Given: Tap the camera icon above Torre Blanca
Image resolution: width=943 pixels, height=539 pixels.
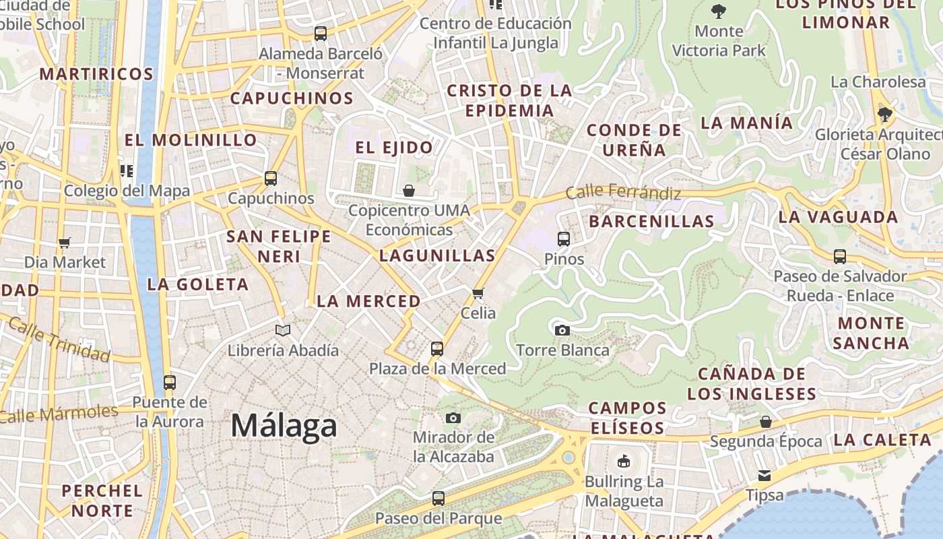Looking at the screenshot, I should coord(562,330).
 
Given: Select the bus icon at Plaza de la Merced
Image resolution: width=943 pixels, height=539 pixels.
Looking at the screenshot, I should coord(437,349).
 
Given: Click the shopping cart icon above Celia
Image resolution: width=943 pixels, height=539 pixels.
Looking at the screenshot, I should coord(478,293).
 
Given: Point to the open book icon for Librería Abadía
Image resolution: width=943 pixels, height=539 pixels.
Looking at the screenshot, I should coord(283,330).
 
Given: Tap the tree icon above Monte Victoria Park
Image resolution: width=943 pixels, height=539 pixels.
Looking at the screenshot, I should coord(719,11).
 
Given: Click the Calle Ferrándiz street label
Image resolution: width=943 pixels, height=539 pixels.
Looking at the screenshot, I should coord(623,192).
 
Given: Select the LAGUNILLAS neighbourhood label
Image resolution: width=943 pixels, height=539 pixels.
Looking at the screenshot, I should coord(437,255).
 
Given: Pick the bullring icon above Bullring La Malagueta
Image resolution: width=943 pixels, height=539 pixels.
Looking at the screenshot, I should coord(624,462).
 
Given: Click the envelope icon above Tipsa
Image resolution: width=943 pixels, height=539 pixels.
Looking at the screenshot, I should coord(765,476).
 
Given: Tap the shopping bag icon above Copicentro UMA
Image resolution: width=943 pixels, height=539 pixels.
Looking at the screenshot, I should coord(409,191).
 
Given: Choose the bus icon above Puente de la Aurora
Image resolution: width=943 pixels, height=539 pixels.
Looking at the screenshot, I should coord(169,383).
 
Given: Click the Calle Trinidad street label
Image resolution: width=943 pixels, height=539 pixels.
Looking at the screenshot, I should coord(59,340).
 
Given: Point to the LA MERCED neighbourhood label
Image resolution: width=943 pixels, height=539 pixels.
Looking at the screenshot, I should coord(368,301).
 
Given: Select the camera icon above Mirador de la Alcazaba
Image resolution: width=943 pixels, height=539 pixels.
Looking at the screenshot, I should coord(453,418).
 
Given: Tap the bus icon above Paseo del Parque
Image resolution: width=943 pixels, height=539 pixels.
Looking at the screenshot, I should coord(438,499).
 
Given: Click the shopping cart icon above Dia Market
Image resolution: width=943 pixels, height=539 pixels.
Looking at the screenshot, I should coord(65,243).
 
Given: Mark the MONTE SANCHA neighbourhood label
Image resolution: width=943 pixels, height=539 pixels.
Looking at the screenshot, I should coord(870,333).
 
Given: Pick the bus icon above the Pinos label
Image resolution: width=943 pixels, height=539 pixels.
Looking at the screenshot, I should coord(564,239).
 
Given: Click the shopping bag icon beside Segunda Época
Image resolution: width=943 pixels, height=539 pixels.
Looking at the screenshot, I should coord(765,422).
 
